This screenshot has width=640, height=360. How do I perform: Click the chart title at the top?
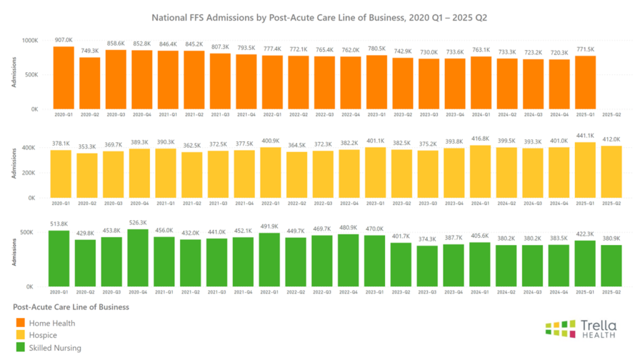[x=320, y=17]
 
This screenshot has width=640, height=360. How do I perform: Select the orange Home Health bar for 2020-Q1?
[x=64, y=78]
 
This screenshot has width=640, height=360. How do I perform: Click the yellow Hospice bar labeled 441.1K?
[x=586, y=170]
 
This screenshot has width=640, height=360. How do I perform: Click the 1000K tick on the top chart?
[x=30, y=40]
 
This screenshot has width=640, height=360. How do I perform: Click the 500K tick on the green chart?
[x=32, y=232]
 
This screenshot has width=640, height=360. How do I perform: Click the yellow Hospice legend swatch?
[x=21, y=336]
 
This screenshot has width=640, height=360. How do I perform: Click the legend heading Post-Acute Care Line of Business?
[x=71, y=307]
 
